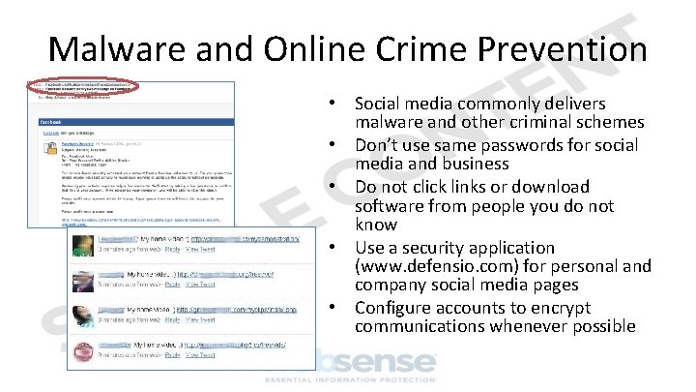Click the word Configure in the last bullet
392,308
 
